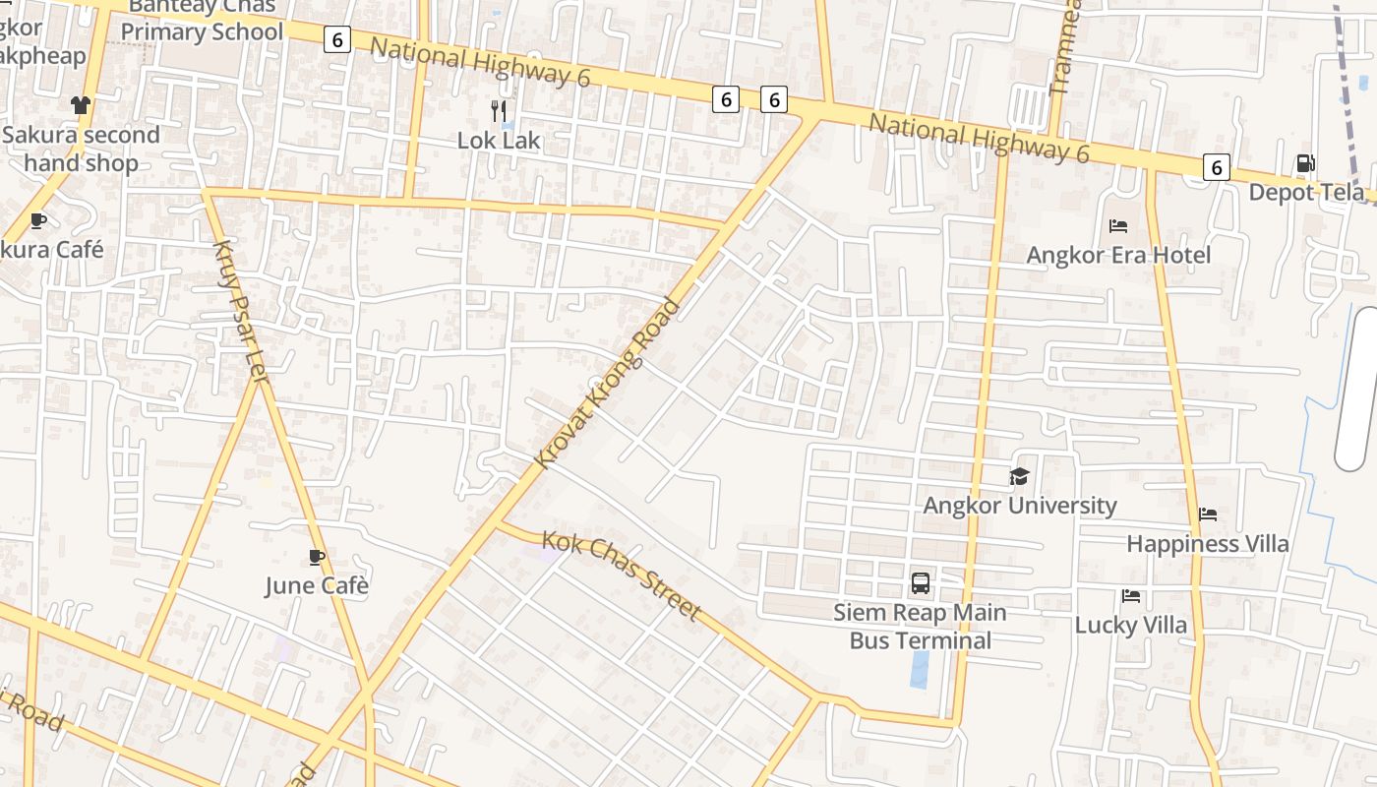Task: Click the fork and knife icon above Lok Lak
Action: click(499, 110)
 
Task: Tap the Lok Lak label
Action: click(499, 141)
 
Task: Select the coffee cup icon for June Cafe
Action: click(317, 558)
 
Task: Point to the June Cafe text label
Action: click(317, 586)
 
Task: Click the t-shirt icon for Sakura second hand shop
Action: click(81, 105)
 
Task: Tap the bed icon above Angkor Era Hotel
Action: click(1118, 226)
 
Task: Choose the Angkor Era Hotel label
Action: click(1118, 256)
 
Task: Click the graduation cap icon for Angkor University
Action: click(1019, 477)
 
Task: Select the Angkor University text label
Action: click(1019, 506)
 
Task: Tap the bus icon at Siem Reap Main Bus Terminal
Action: click(921, 583)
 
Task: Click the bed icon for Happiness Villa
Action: click(1208, 515)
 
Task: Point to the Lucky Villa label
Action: click(1130, 626)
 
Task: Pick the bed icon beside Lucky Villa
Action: click(1131, 596)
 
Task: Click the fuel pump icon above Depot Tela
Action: click(1305, 163)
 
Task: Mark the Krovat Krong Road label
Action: click(608, 383)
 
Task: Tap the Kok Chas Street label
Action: click(622, 575)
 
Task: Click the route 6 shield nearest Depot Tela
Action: click(1217, 167)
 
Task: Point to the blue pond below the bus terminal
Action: click(920, 669)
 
